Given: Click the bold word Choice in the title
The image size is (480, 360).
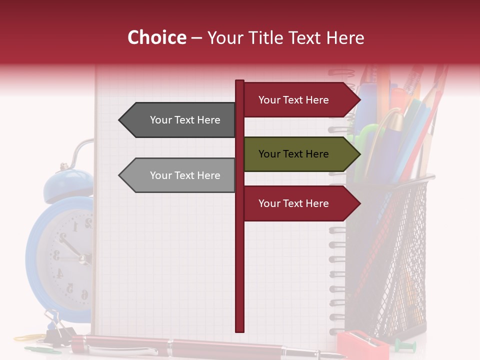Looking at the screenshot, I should [156, 38].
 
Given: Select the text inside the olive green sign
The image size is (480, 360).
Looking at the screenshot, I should [293, 154].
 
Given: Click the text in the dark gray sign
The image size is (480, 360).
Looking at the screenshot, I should [185, 120].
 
